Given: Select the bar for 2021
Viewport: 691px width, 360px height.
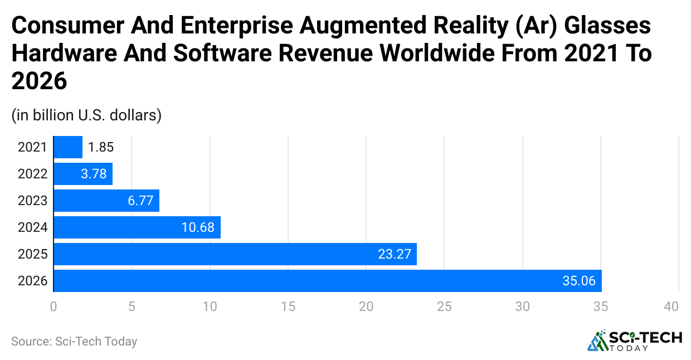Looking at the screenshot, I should tap(68, 147).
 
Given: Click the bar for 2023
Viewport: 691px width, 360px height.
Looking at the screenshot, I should tap(106, 201).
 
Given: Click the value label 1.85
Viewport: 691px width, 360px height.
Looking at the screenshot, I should tap(101, 148).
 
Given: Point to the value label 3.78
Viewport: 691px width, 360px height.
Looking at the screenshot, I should tap(94, 174).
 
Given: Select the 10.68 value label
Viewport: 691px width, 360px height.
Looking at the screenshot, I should tap(198, 228).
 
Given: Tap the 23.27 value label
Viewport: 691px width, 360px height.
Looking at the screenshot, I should tap(394, 255).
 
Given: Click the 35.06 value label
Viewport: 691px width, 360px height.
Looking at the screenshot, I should tap(579, 281).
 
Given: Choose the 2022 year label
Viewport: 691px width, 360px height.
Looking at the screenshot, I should tap(33, 174).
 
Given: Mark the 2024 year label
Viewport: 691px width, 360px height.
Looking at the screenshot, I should tap(33, 228).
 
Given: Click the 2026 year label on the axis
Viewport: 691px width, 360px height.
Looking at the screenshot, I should tap(33, 281).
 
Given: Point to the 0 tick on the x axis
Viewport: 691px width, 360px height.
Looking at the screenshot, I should tap(53, 306).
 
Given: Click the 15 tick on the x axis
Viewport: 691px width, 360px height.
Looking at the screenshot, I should tap(288, 306).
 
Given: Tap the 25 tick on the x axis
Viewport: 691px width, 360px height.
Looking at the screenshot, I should tap(444, 306).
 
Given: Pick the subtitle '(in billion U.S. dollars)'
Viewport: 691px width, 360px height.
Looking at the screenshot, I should tap(86, 115).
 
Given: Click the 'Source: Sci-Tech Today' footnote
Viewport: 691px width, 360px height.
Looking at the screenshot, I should tap(74, 341).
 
